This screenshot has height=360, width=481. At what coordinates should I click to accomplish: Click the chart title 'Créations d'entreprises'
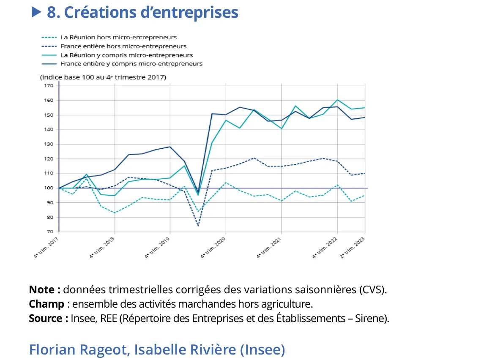(142, 12)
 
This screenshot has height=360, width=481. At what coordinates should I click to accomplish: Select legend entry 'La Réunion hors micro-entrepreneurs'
(118, 37)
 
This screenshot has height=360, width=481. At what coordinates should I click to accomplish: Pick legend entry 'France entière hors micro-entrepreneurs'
(123, 46)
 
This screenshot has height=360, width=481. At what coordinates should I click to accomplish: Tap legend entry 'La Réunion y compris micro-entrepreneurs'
(126, 55)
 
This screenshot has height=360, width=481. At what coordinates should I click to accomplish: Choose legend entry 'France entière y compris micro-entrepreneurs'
(131, 64)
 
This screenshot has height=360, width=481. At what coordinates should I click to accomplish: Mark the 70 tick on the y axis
(49, 232)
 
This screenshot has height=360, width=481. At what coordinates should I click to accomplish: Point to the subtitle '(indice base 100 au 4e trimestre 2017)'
(103, 77)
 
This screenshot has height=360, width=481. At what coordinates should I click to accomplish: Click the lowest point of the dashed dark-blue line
(198, 226)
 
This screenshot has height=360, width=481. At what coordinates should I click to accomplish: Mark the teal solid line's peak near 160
(337, 100)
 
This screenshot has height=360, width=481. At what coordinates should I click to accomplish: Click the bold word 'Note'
(42, 290)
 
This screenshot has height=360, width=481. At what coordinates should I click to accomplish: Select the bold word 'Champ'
(46, 304)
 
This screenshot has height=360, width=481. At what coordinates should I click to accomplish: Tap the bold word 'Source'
(46, 318)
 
